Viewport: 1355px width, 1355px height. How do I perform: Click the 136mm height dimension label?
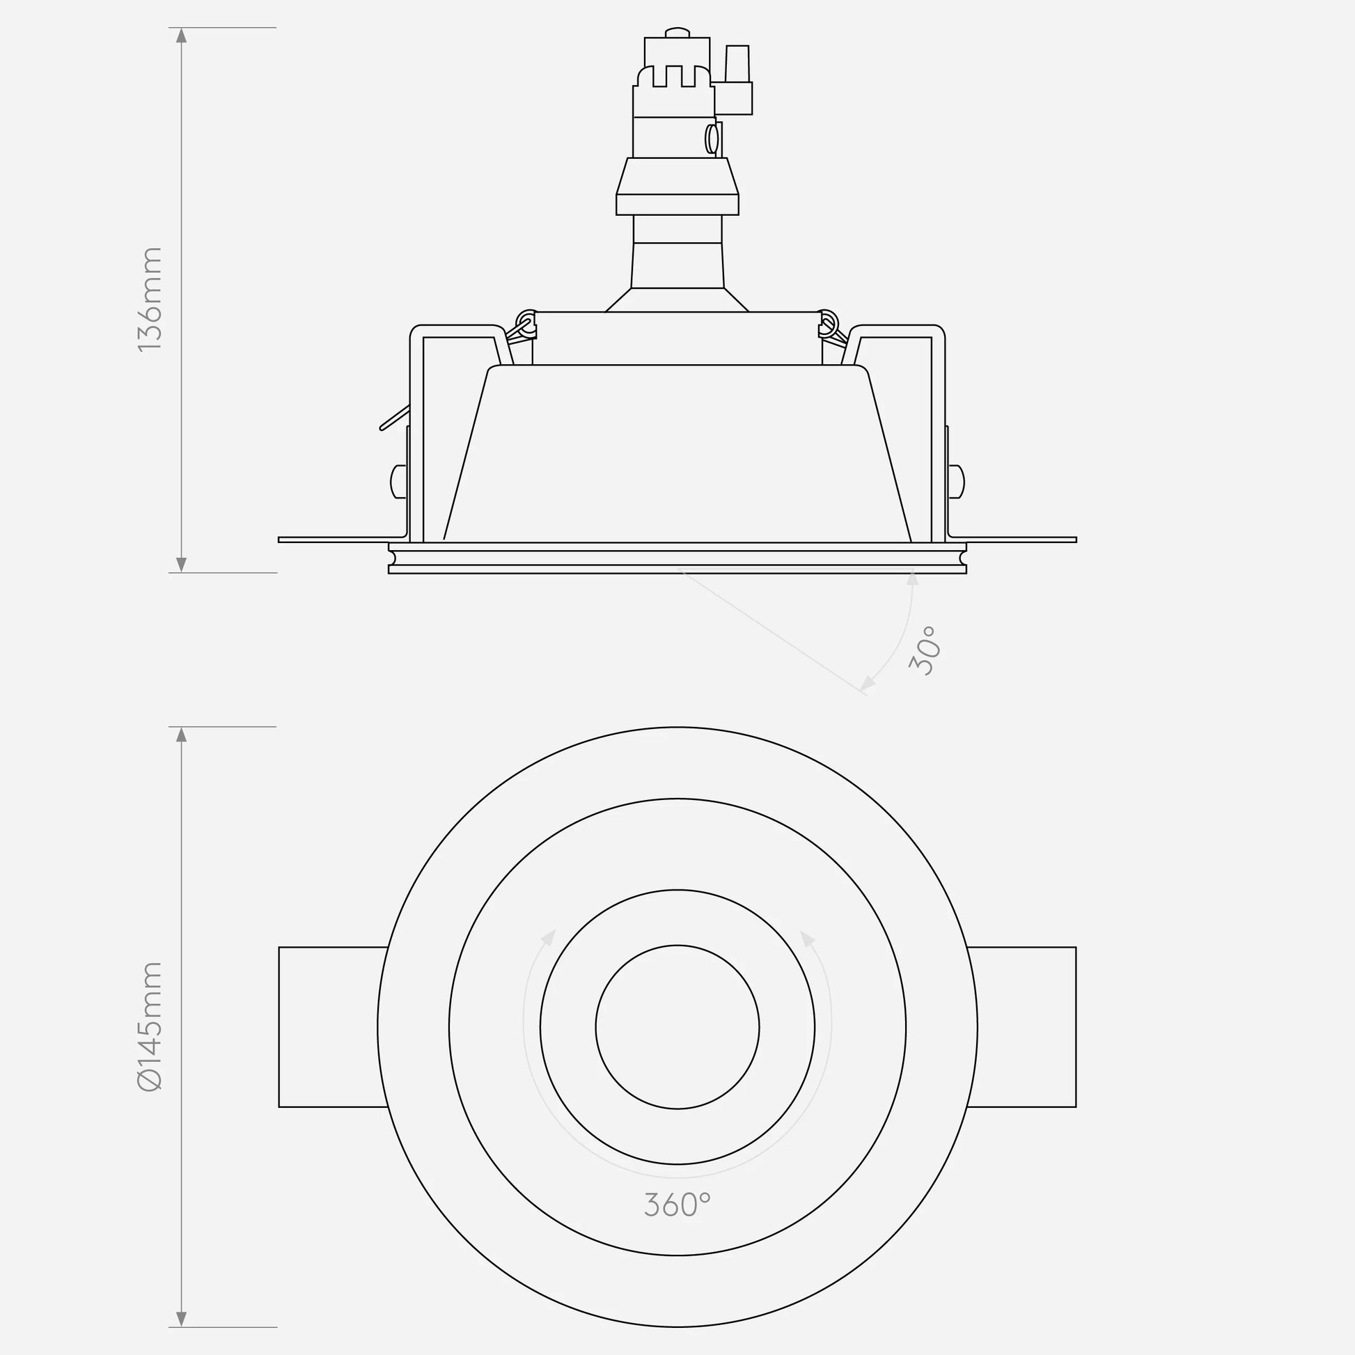tap(150, 299)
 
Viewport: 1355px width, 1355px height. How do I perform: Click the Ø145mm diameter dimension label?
tap(150, 1027)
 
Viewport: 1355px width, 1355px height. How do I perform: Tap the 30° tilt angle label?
tap(923, 651)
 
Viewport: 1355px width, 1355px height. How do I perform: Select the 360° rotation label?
tap(677, 1205)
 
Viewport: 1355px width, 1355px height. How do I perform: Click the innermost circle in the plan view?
tap(677, 946)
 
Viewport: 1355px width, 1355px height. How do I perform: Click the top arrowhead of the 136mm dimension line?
tap(182, 35)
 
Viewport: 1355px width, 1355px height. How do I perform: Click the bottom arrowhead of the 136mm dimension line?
tap(182, 564)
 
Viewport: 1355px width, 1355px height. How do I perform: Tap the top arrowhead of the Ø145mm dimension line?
tap(182, 735)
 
